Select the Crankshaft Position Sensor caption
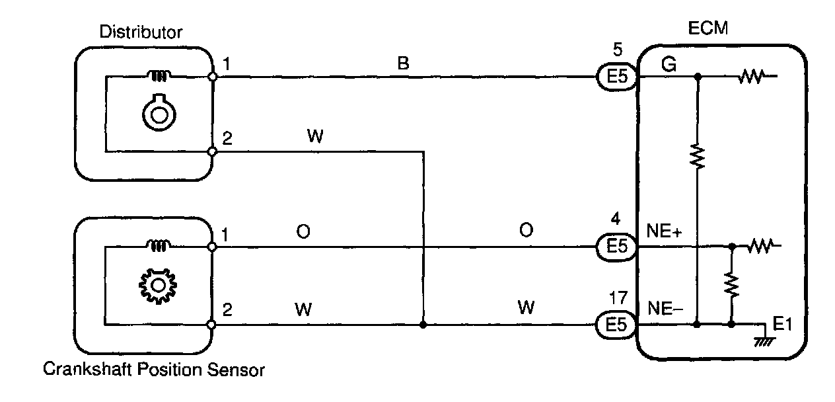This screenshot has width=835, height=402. (153, 369)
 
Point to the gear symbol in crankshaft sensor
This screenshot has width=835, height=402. (157, 286)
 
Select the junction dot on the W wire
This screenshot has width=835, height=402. (423, 325)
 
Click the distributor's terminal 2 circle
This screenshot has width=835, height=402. (212, 151)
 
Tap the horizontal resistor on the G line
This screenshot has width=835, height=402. (752, 77)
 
